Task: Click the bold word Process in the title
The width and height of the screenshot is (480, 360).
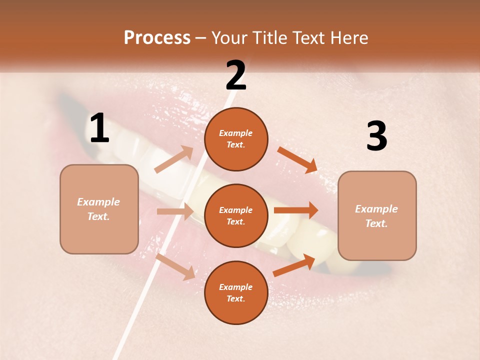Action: pos(157,38)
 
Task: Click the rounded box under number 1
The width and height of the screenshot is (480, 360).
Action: pos(99,209)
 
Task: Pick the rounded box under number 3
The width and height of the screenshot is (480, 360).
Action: pos(377,215)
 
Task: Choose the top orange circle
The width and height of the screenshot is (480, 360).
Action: pos(236,139)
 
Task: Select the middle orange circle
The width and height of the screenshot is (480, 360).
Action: pos(236,215)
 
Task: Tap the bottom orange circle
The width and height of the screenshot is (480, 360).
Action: pos(236,292)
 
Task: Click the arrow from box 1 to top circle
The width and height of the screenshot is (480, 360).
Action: pos(174,159)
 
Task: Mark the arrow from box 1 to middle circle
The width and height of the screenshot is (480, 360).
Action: pos(175,211)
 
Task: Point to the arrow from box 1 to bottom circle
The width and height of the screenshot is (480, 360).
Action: pos(175,266)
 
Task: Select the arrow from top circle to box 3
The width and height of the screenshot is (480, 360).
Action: pos(297,159)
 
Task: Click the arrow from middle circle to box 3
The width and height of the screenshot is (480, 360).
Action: pos(296,210)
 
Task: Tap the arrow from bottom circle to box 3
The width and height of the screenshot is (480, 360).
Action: pos(294,265)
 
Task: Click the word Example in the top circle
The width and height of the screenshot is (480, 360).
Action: pos(236,133)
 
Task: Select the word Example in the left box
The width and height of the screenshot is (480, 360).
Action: pos(98,202)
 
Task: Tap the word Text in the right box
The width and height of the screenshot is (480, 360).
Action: pos(375,223)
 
